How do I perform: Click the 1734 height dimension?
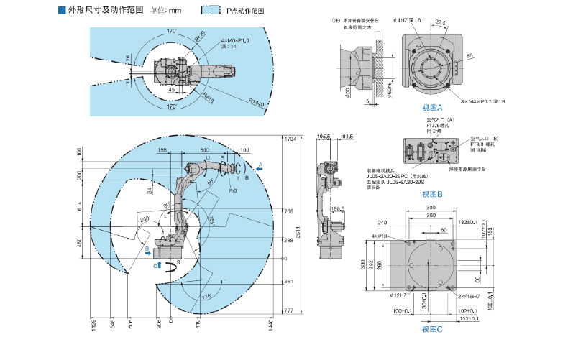pos(290,138)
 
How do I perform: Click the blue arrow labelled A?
pos(261,166)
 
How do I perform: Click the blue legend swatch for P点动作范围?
pos(211,11)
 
